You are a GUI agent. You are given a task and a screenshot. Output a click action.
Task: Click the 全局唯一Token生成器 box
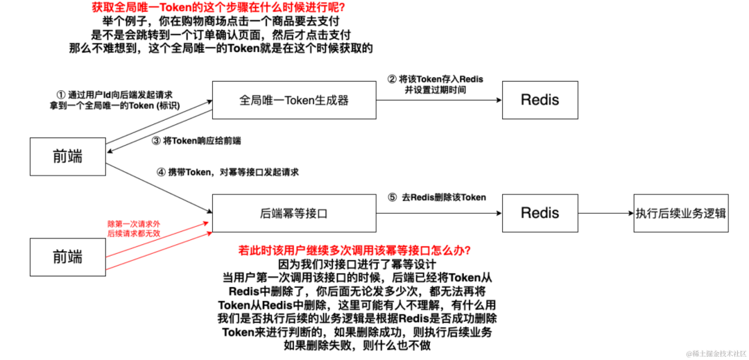pyautogui.click(x=293, y=101)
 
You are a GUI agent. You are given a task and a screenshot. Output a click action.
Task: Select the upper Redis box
pyautogui.click(x=540, y=101)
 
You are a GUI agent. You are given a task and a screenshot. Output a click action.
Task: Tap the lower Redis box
pyautogui.click(x=540, y=213)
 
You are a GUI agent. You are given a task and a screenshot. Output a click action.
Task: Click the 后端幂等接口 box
pyautogui.click(x=293, y=213)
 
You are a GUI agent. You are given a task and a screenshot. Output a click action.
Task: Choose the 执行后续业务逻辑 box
pyautogui.click(x=681, y=213)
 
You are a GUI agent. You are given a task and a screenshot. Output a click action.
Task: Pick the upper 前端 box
pyautogui.click(x=67, y=157)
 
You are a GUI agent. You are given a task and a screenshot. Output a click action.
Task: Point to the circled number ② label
pyautogui.click(x=392, y=80)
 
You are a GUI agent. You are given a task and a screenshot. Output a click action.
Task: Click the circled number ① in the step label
pyautogui.click(x=60, y=95)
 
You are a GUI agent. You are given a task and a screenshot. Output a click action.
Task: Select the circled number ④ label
pyautogui.click(x=161, y=172)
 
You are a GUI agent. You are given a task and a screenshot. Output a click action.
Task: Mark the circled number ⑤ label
pyautogui.click(x=392, y=197)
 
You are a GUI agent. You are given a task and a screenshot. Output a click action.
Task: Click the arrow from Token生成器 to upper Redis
pyautogui.click(x=438, y=101)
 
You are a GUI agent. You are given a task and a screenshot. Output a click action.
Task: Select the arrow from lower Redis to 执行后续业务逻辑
pyautogui.click(x=605, y=214)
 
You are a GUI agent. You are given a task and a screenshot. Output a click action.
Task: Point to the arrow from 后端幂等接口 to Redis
pyautogui.click(x=438, y=214)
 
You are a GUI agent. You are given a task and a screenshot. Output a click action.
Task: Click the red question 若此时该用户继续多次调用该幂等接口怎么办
pyautogui.click(x=355, y=250)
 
